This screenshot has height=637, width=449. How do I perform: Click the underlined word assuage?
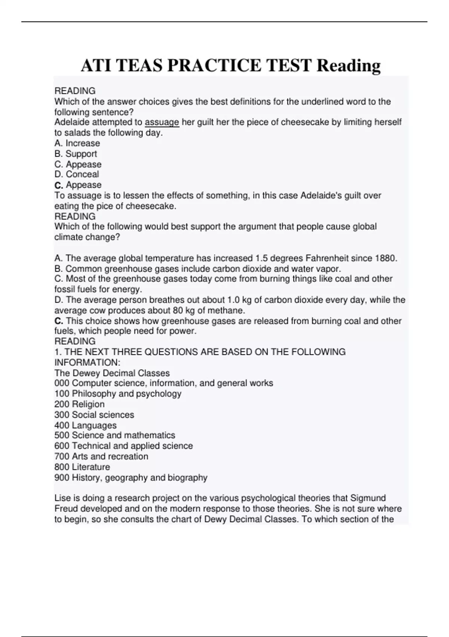[x=162, y=122]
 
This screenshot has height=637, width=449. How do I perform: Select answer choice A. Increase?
[x=77, y=143]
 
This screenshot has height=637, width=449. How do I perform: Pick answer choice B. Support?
[x=76, y=154]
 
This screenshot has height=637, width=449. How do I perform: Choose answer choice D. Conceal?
[x=77, y=174]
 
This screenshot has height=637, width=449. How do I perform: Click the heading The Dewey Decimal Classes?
[x=112, y=373]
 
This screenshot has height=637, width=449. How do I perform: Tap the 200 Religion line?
[x=79, y=404]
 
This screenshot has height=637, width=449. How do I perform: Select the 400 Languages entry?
[x=85, y=425]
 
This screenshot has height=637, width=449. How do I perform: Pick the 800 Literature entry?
[x=82, y=467]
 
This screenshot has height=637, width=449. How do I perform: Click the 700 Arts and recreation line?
[x=101, y=456]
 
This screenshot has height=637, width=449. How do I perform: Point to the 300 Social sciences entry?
[x=94, y=415]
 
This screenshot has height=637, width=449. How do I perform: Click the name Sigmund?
[x=368, y=498]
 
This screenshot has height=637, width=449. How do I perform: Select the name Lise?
[x=62, y=498]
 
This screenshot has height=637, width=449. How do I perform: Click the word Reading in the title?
[x=349, y=66]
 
